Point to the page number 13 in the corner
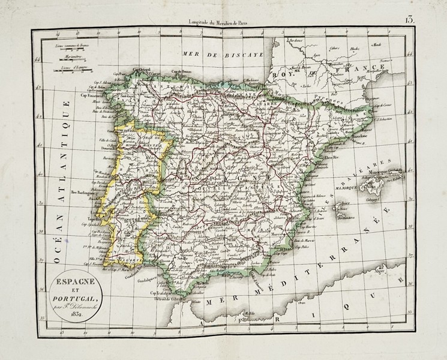[410, 19]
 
